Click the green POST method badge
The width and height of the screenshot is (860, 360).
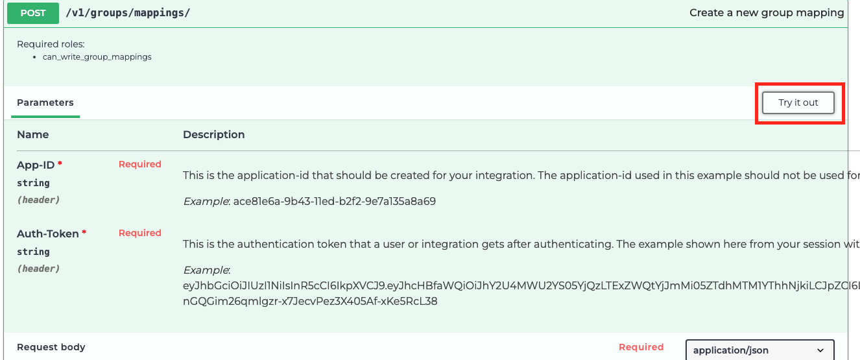pyautogui.click(x=33, y=13)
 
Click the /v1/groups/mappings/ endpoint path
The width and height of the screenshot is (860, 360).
pyautogui.click(x=128, y=13)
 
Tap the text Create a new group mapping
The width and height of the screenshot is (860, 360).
pyautogui.click(x=767, y=13)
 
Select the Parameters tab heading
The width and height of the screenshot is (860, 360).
pyautogui.click(x=45, y=102)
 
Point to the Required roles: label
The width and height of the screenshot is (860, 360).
pyautogui.click(x=51, y=44)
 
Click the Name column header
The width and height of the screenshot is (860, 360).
pyautogui.click(x=32, y=134)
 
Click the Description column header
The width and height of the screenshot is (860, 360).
pyautogui.click(x=213, y=134)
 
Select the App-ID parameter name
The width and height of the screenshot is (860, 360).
pyautogui.click(x=36, y=165)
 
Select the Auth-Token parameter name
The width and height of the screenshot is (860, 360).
pyautogui.click(x=48, y=234)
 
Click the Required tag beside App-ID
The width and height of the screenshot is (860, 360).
pyautogui.click(x=139, y=164)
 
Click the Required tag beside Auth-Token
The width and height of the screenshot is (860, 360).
pyautogui.click(x=139, y=233)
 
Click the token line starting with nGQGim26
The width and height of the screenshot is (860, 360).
pyautogui.click(x=310, y=301)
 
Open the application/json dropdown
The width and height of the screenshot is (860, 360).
pyautogui.click(x=759, y=350)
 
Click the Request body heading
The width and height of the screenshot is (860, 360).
pyautogui.click(x=51, y=347)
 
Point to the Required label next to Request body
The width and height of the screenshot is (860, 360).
pyautogui.click(x=641, y=347)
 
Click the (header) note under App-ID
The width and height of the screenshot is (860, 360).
pyautogui.click(x=38, y=200)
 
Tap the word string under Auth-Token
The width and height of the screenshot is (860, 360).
pyautogui.click(x=33, y=252)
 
